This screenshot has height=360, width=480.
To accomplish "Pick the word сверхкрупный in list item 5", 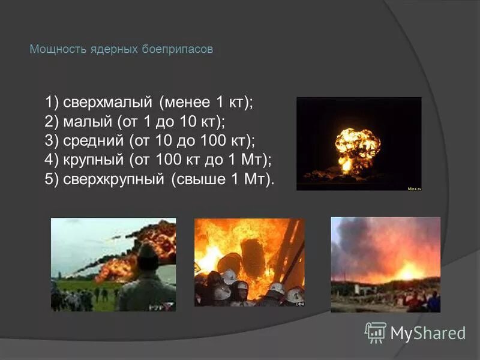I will click(114, 179).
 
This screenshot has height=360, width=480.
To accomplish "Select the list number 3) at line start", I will click(52, 140).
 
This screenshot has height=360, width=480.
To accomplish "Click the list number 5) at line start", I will click(52, 179).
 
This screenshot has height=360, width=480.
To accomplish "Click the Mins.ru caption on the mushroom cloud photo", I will click(414, 188).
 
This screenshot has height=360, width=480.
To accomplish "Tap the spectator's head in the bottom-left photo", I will click(147, 256).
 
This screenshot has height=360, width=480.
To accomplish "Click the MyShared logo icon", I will click(376, 332).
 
